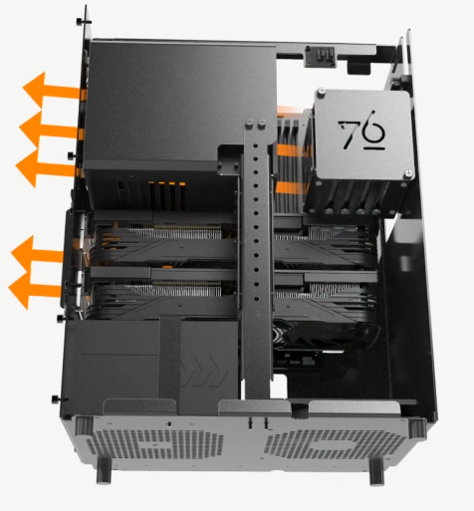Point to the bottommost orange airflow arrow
(35, 288)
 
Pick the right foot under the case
(377, 469)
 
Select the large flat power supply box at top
(174, 100)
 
